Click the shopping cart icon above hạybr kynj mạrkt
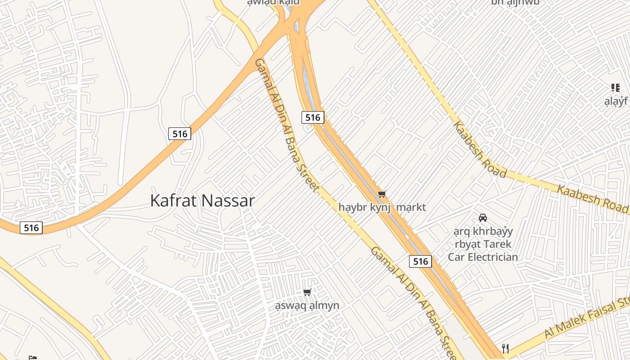[x=382, y=194]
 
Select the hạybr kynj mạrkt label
[x=382, y=207]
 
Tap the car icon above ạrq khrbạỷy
[x=483, y=218]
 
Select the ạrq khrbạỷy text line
[x=483, y=232]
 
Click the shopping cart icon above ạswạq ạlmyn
[x=307, y=292]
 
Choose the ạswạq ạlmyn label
[x=307, y=306]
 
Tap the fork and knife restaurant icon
[x=505, y=348]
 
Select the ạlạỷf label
[x=616, y=101]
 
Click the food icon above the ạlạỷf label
[x=615, y=88]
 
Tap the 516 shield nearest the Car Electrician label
[x=420, y=261]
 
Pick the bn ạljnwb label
[x=515, y=2]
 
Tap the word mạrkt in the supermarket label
[x=410, y=207]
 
